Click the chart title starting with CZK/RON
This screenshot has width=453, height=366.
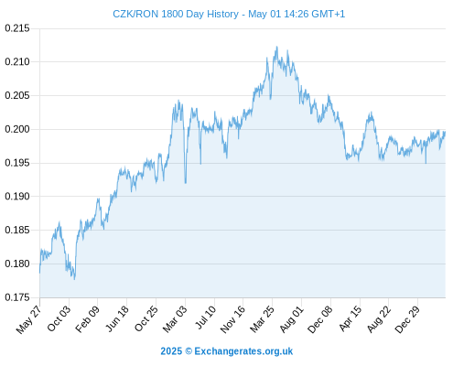(x=229, y=14)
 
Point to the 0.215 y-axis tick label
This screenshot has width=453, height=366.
(x=17, y=28)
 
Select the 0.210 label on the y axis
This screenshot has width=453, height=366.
(x=17, y=62)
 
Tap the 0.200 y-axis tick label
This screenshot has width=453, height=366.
(x=17, y=129)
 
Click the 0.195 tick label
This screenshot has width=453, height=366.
(x=17, y=163)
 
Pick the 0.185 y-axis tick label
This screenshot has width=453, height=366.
(x=17, y=230)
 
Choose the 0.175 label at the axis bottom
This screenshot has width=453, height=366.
(x=17, y=297)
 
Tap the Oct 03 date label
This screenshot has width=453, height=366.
(x=59, y=318)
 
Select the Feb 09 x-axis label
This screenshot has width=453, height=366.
(x=88, y=318)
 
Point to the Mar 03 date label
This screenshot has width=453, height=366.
(x=175, y=318)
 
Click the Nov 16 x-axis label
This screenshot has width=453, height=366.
(x=232, y=319)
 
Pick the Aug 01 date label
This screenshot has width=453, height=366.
(x=292, y=319)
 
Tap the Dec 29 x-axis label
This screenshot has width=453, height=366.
(x=407, y=319)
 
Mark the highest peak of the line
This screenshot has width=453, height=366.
(x=276, y=47)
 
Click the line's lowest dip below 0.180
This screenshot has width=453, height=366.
(x=74, y=279)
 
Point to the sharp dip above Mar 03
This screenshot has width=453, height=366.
(x=186, y=183)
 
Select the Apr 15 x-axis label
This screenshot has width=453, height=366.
(x=351, y=318)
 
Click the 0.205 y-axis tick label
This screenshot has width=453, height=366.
(x=17, y=95)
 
